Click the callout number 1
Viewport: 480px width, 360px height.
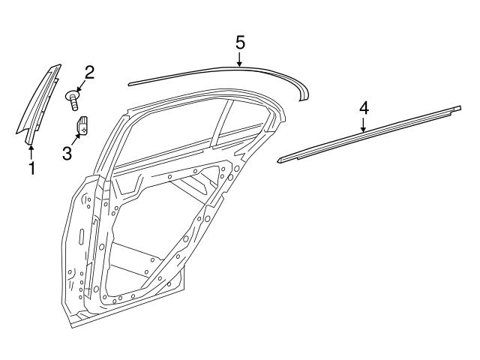pos(31,169)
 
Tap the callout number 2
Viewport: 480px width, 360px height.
pos(89,73)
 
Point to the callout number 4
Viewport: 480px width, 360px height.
pos(363,108)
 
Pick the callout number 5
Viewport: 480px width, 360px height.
pos(240,42)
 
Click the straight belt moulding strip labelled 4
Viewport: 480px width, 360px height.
pos(367,135)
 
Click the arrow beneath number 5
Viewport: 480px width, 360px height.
pos(240,59)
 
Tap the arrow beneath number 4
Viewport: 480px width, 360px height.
pos(363,125)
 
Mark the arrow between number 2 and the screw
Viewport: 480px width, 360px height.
pos(81,84)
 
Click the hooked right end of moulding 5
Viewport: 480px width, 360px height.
pos(303,93)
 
